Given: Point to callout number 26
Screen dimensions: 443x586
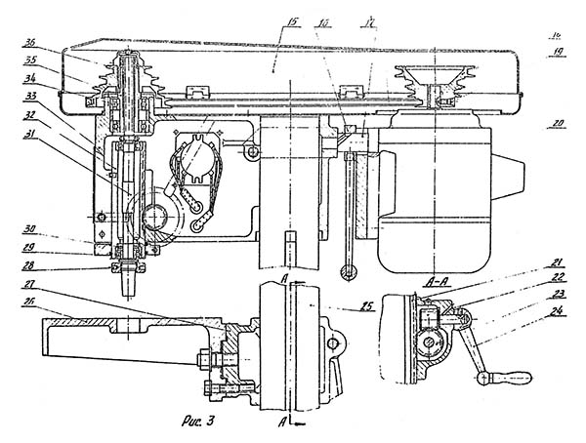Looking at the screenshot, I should (x=31, y=301).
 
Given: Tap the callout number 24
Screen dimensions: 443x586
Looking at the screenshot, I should (x=557, y=312).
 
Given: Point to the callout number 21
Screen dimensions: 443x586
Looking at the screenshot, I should (x=557, y=262).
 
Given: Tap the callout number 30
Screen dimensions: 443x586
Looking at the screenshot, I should (x=31, y=230).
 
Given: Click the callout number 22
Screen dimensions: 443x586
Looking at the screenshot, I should (x=557, y=277).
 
